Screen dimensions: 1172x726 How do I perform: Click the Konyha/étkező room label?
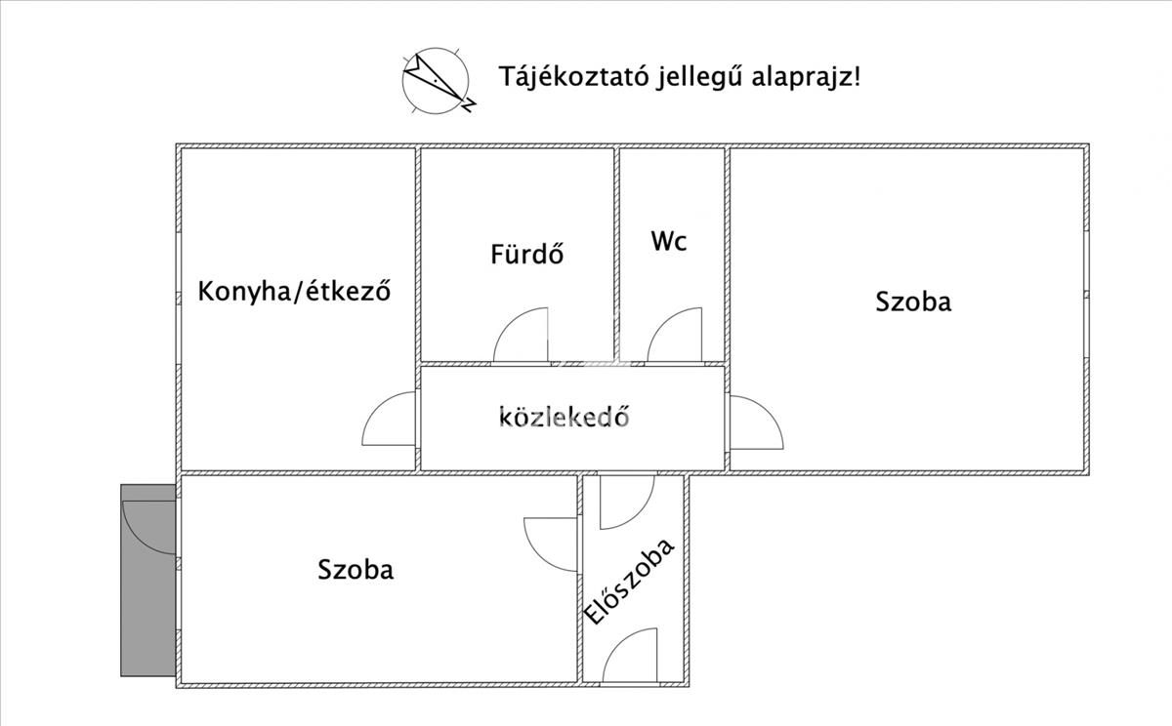[294, 291]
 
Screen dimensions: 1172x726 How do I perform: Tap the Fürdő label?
[526, 254]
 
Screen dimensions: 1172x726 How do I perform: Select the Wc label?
[669, 241]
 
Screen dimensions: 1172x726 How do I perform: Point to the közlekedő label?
[565, 417]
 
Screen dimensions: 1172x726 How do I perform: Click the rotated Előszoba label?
[629, 582]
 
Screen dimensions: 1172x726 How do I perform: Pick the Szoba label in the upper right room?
[913, 302]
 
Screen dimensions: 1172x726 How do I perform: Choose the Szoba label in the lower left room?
[356, 569]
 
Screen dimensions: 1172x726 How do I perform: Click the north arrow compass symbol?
[436, 81]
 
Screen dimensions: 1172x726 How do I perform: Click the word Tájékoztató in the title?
[574, 77]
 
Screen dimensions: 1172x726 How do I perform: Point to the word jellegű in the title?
[700, 78]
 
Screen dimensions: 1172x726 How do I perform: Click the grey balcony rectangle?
[148, 581]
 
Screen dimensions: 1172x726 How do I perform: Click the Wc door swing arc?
[662, 323]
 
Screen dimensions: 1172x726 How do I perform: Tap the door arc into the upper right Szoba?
[768, 412]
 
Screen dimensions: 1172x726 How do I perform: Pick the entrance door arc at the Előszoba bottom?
[618, 643]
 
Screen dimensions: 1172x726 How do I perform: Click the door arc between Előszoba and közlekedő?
[639, 514]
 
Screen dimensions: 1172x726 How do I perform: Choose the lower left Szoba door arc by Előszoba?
[540, 557]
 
